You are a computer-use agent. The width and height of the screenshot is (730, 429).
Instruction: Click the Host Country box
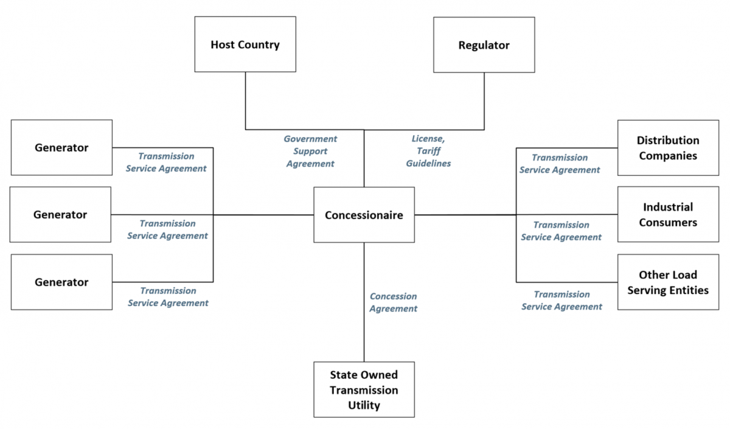(x=245, y=44)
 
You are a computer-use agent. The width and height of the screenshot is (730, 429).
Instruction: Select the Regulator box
(x=484, y=44)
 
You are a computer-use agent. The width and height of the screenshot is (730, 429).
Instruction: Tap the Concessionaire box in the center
(x=364, y=215)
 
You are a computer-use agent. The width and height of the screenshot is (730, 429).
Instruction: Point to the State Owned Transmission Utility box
(x=364, y=389)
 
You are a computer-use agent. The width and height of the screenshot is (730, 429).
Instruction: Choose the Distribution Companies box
(x=668, y=148)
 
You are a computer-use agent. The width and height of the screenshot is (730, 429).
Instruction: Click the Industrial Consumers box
(x=668, y=215)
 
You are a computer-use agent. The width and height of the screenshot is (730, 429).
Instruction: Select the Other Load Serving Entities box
(x=668, y=282)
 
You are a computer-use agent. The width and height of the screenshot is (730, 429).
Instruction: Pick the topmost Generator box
(x=61, y=147)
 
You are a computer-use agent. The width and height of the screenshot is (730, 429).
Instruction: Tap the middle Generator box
(x=61, y=214)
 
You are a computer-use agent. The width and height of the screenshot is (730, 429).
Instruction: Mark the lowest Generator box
(x=61, y=282)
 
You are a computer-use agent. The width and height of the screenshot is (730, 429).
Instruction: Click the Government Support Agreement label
(x=310, y=151)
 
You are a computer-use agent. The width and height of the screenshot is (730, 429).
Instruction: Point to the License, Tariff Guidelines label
(x=428, y=151)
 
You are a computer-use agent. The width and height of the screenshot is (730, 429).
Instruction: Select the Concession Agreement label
(x=394, y=302)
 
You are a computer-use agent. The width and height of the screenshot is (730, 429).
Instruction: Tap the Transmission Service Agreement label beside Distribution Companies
(x=560, y=164)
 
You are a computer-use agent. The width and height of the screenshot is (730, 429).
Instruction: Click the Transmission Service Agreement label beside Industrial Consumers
(x=561, y=231)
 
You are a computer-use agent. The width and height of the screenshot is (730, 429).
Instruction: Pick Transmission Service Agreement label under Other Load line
(x=561, y=301)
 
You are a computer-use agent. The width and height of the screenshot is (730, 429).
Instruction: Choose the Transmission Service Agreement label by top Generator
(x=166, y=162)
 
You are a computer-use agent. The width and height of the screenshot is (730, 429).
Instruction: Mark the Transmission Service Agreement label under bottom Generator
(x=168, y=296)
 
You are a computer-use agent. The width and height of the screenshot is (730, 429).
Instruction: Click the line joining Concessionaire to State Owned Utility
(x=364, y=329)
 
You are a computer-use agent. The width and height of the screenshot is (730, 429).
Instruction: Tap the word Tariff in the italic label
(x=428, y=151)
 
